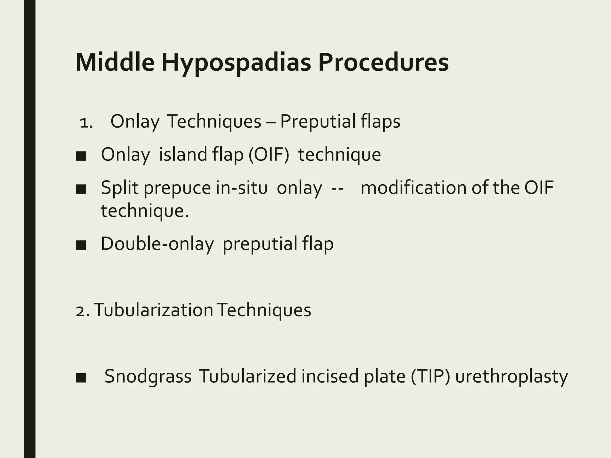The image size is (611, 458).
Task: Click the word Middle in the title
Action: [115, 62]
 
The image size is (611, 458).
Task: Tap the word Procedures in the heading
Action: [383, 62]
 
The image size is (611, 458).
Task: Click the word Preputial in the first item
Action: [318, 122]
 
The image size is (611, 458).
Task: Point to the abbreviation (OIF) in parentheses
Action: [269, 155]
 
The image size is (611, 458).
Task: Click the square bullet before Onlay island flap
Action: [81, 156]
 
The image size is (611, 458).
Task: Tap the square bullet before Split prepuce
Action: [81, 189]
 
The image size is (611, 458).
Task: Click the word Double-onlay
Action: [157, 244]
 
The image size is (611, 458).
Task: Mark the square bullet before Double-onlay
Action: [81, 245]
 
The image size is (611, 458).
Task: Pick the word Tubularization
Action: [153, 310]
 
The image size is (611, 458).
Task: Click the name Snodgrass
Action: [148, 376]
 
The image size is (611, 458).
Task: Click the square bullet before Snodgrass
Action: [81, 378]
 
